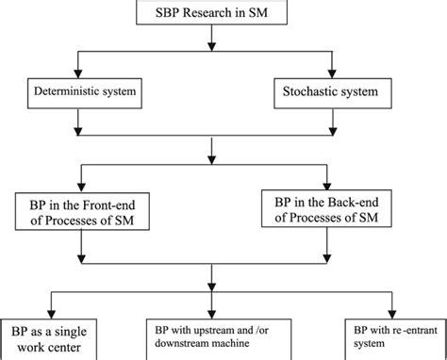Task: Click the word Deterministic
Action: (x=62, y=92)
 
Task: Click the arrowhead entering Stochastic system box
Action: (x=330, y=74)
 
